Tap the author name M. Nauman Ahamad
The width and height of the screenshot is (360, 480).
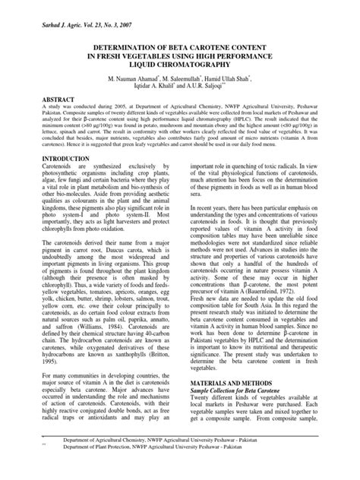134,79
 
